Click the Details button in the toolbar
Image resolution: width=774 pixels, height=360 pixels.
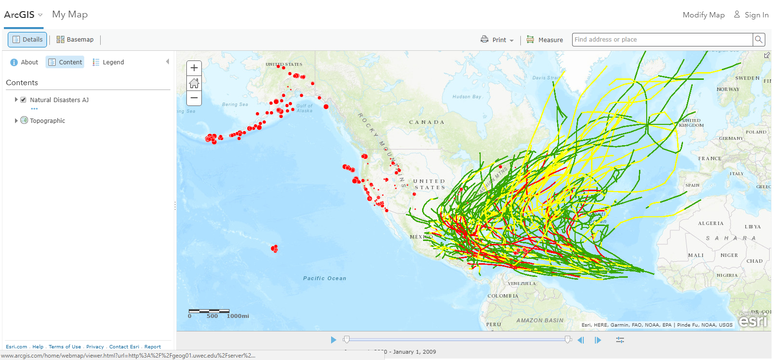tap(27, 40)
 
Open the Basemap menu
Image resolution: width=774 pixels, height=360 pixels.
tap(75, 40)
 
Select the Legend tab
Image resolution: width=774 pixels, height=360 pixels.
tap(108, 62)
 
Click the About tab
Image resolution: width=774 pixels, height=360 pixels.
tap(24, 62)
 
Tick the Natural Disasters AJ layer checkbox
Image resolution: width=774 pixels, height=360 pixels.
tap(23, 100)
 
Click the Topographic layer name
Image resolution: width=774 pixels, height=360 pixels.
tap(47, 121)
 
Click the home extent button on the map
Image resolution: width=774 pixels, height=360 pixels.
tap(194, 83)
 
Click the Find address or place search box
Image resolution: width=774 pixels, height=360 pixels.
tap(662, 40)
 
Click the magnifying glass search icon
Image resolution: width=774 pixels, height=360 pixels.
tap(759, 40)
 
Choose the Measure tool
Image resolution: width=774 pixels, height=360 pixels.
tap(545, 40)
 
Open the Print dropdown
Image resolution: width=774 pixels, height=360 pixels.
tap(498, 40)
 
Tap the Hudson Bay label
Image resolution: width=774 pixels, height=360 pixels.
tap(467, 97)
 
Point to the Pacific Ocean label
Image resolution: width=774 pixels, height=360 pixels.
tap(324, 278)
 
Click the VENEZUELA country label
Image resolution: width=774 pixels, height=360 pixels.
tap(522, 284)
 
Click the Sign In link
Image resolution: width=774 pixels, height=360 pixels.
tap(751, 15)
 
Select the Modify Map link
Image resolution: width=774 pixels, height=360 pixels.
tap(703, 15)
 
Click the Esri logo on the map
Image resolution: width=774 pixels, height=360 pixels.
tap(753, 320)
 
